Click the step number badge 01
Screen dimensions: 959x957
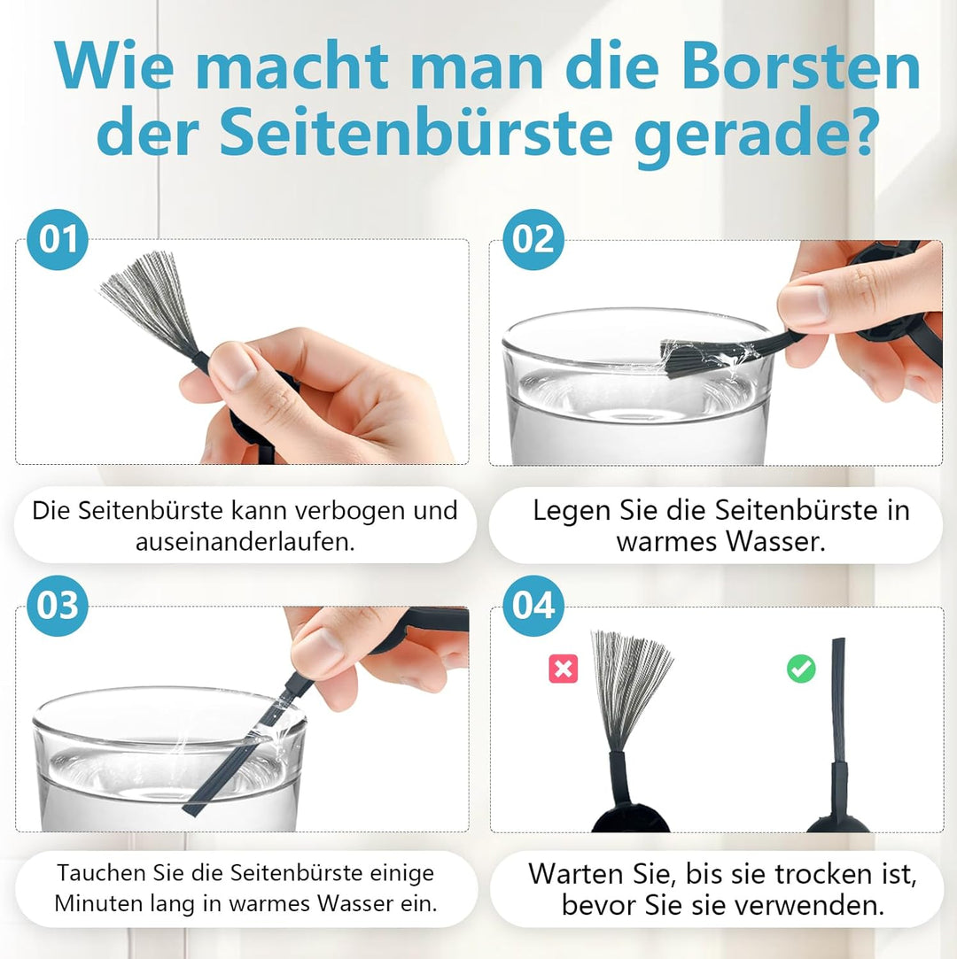click(x=58, y=240)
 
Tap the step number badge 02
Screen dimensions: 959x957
click(x=533, y=240)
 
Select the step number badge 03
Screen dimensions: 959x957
click(x=58, y=607)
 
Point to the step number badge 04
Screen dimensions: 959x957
click(x=533, y=607)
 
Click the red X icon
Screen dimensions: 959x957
click(x=563, y=669)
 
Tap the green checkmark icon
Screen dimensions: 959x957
click(x=801, y=669)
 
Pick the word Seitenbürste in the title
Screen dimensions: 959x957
click(x=415, y=133)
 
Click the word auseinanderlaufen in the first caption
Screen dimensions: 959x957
click(x=245, y=541)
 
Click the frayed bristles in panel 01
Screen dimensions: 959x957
click(x=148, y=297)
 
